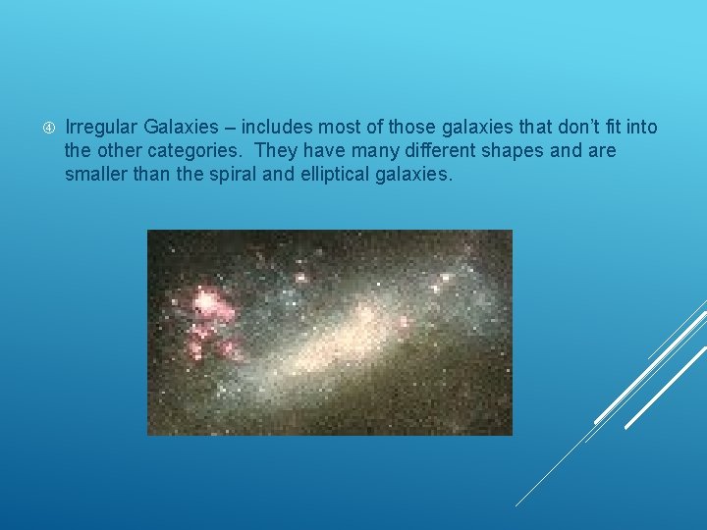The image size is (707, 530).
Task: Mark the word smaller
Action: [x=97, y=175]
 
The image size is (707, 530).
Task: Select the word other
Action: [x=116, y=151]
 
